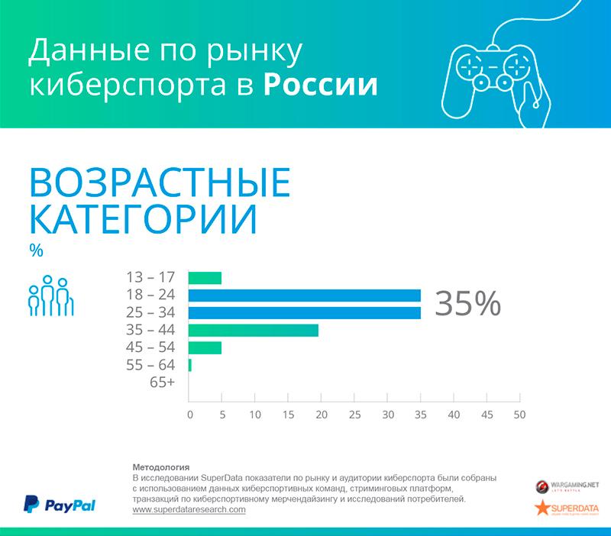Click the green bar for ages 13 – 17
205,278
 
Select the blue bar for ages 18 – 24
304,295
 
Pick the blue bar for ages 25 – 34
304,313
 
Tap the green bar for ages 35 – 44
253,331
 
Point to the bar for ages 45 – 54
205,348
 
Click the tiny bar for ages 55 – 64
189,366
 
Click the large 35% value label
467,304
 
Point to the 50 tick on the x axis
519,415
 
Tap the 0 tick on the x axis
189,415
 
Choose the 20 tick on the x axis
322,415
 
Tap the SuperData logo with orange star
567,509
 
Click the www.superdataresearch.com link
189,509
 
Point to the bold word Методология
160,467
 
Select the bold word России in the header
321,85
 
